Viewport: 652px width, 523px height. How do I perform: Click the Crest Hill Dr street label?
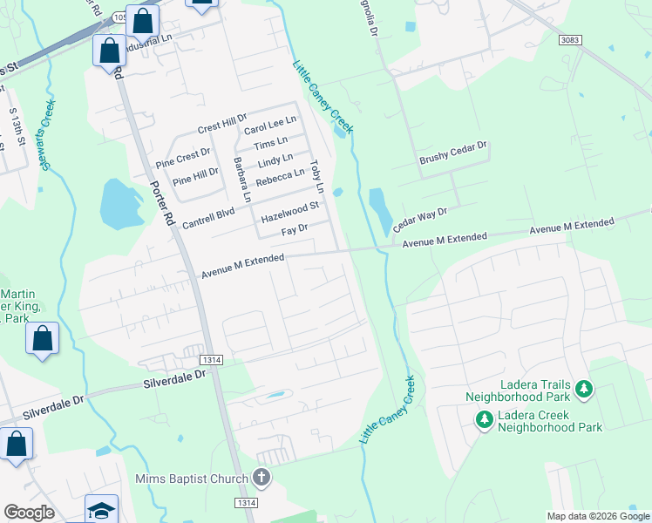[222, 127]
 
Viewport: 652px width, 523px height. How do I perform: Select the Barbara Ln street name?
[241, 179]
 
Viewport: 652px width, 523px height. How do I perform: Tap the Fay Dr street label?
[295, 230]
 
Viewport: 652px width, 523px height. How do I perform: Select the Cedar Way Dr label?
[419, 218]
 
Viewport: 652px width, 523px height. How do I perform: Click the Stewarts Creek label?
[44, 139]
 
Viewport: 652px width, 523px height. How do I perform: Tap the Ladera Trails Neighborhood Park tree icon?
[585, 389]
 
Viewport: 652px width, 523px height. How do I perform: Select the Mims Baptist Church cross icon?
[261, 478]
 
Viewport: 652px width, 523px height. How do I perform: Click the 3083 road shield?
[570, 40]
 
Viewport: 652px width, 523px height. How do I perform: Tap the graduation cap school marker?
[101, 509]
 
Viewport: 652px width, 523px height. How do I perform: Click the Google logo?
[29, 513]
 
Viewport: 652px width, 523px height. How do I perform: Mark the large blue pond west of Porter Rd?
[120, 204]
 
